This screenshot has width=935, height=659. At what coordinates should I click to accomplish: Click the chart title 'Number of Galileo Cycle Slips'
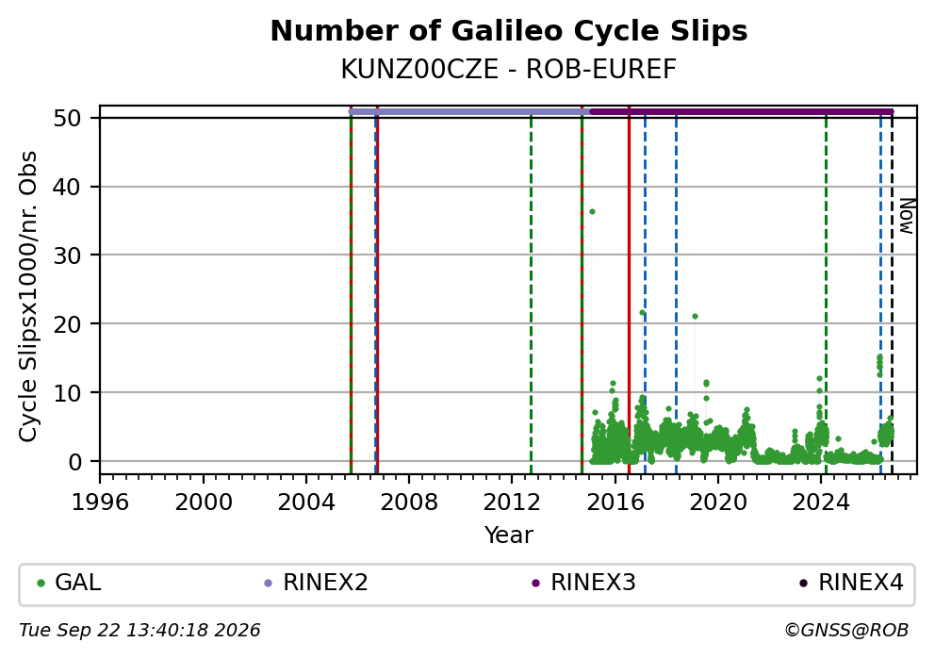[509, 31]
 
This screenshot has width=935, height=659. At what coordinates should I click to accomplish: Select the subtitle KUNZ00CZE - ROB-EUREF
[509, 70]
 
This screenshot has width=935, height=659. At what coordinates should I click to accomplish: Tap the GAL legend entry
[69, 583]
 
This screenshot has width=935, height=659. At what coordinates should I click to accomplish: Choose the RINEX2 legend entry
[316, 583]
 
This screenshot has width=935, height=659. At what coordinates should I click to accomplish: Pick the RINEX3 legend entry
[583, 583]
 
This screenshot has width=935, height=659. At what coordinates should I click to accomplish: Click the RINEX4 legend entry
[851, 583]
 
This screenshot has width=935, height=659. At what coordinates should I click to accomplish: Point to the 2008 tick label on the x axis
[409, 502]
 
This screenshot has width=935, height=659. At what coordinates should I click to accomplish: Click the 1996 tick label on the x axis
[100, 502]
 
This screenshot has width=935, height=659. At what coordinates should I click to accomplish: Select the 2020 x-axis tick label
[718, 502]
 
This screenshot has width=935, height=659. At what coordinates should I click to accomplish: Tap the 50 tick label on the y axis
[67, 118]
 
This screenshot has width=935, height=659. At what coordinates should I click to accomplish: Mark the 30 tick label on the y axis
[67, 255]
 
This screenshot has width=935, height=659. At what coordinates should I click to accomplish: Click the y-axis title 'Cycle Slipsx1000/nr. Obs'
[28, 296]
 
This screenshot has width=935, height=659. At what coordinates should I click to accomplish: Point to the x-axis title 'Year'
[509, 535]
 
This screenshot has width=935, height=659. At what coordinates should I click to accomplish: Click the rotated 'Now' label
[907, 217]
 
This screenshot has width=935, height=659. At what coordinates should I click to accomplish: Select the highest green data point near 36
[592, 212]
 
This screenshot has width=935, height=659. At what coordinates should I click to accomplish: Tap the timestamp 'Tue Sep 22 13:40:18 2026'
[140, 631]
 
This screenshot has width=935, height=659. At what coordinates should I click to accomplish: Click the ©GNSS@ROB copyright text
[846, 631]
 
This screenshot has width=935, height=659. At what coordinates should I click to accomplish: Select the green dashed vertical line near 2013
[531, 293]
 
